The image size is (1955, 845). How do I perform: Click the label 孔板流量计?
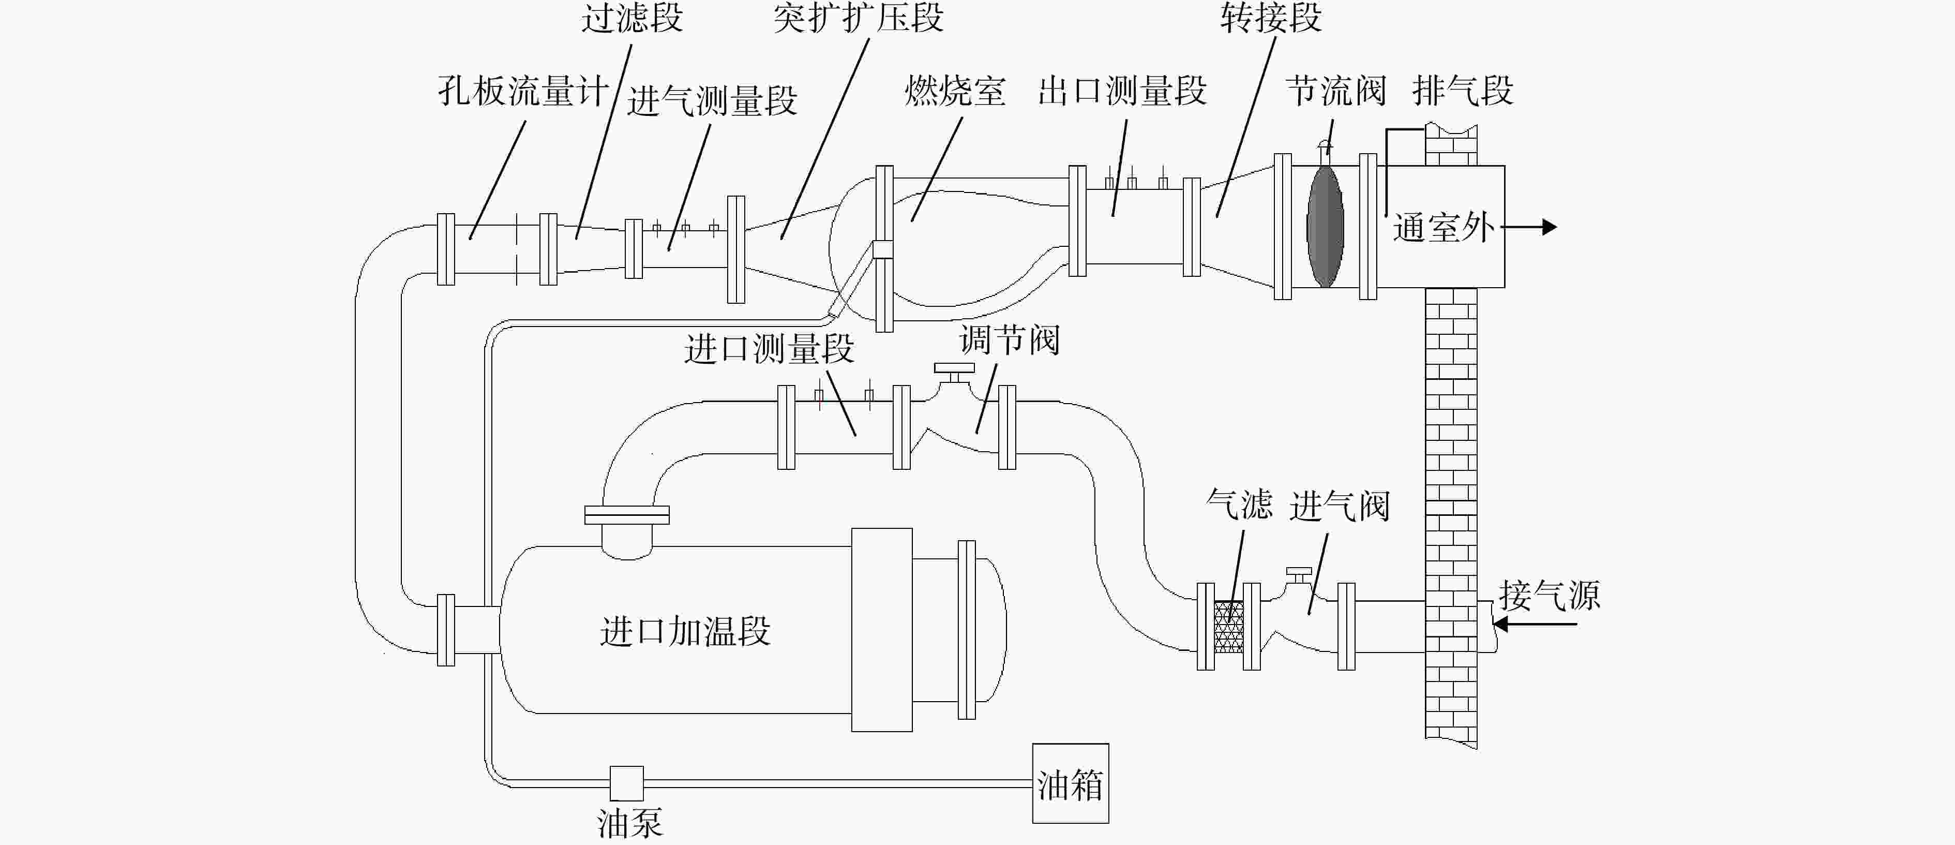point(523,91)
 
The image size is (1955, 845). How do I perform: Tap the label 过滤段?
point(632,18)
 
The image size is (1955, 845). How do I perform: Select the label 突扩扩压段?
point(859,18)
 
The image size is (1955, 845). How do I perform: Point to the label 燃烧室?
point(955,91)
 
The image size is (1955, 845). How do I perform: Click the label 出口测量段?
point(1122,91)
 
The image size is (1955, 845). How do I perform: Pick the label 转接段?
point(1271,18)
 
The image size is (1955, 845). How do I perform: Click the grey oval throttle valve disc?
point(1325,226)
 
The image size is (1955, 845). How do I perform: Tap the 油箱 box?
point(1070,783)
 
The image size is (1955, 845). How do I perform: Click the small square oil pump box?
point(627,783)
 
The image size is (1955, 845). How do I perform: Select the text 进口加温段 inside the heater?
point(685,631)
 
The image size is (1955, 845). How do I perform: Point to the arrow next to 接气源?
point(1535,624)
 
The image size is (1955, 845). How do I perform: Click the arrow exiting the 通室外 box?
point(1528,226)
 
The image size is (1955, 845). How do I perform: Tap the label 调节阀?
point(1010,339)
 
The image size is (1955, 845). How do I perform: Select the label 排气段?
point(1463,91)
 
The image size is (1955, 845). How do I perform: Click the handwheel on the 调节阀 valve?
point(954,369)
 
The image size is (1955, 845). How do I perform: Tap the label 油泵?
point(630,824)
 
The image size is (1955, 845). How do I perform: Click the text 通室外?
point(1443,227)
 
